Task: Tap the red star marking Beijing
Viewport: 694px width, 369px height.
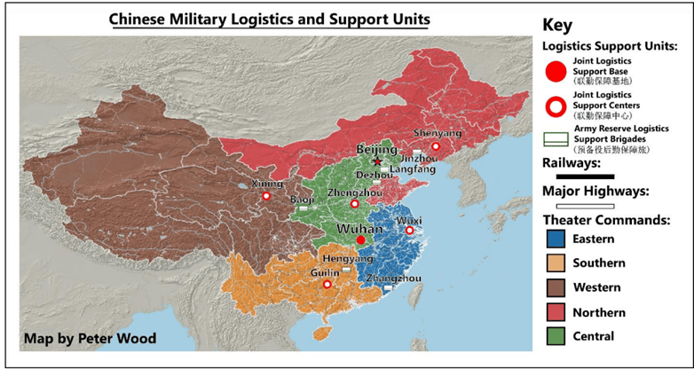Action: (x=377, y=161)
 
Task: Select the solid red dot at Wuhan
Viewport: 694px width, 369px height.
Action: (x=360, y=240)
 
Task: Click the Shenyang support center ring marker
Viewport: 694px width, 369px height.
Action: (x=435, y=146)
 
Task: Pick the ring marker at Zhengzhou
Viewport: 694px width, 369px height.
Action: (x=355, y=204)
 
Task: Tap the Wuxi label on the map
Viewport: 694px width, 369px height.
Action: (x=409, y=219)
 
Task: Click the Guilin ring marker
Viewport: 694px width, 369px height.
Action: (x=327, y=285)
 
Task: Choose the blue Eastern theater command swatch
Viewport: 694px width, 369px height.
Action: (x=556, y=239)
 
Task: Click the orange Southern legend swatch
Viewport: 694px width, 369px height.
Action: (x=556, y=263)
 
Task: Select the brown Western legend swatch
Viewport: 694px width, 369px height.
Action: (x=556, y=287)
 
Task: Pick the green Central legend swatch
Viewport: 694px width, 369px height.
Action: (x=556, y=336)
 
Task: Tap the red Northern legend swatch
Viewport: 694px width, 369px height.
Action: (x=556, y=312)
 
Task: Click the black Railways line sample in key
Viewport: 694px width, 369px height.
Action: (x=578, y=177)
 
